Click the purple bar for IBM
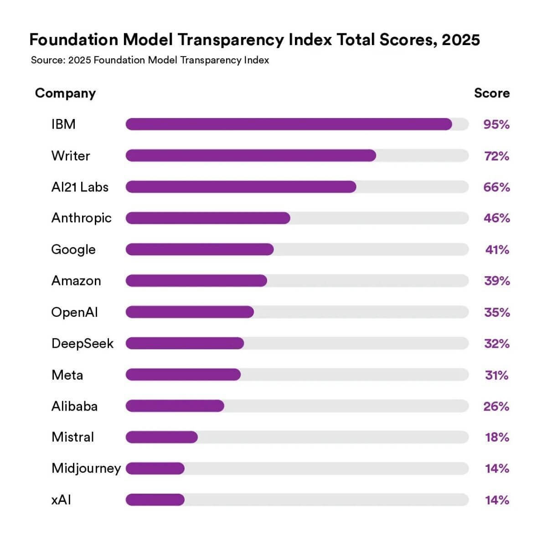289,124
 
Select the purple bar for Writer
251,155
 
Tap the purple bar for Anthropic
208,218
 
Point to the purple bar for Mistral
162,437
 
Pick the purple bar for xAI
155,500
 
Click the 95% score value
496,124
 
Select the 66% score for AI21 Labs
496,187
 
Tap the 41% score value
497,249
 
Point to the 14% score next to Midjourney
497,468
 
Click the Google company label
73,249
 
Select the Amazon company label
76,280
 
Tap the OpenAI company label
74,312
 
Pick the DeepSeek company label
82,343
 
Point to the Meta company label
67,375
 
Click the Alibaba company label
74,406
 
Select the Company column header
65,93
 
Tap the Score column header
492,93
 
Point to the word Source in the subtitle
47,60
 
